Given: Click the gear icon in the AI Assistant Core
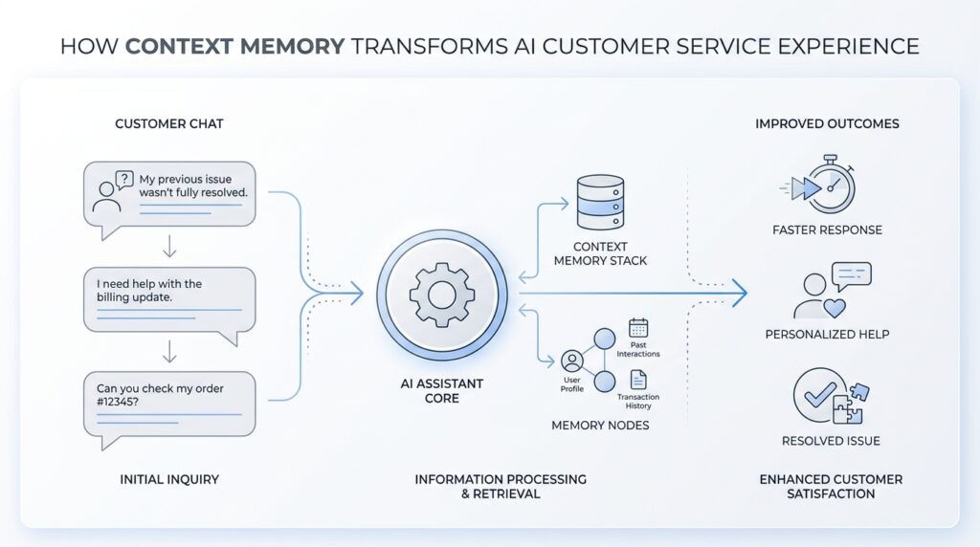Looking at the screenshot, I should point(441,295).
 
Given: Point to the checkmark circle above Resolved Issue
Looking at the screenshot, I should point(817,394).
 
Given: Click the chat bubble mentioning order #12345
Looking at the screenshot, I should point(169,403).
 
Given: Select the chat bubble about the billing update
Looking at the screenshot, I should point(169,298).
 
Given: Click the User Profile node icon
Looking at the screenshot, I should point(572,361).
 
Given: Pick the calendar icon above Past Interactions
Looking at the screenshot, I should point(637,327).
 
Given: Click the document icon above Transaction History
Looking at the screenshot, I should point(637,380).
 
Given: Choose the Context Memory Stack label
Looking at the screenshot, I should point(600,253).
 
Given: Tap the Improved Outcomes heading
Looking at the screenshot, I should point(827,124).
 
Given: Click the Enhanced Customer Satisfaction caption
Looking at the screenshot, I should point(830,486).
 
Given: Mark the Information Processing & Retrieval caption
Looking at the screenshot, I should point(501,486).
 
